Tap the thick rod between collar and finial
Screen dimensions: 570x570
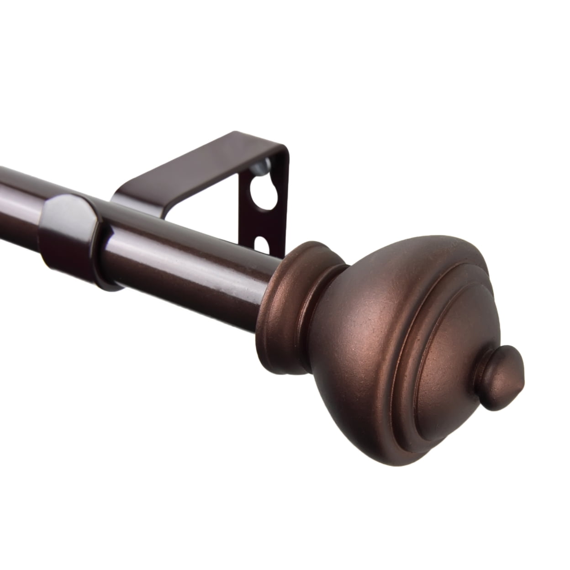(192, 265)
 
